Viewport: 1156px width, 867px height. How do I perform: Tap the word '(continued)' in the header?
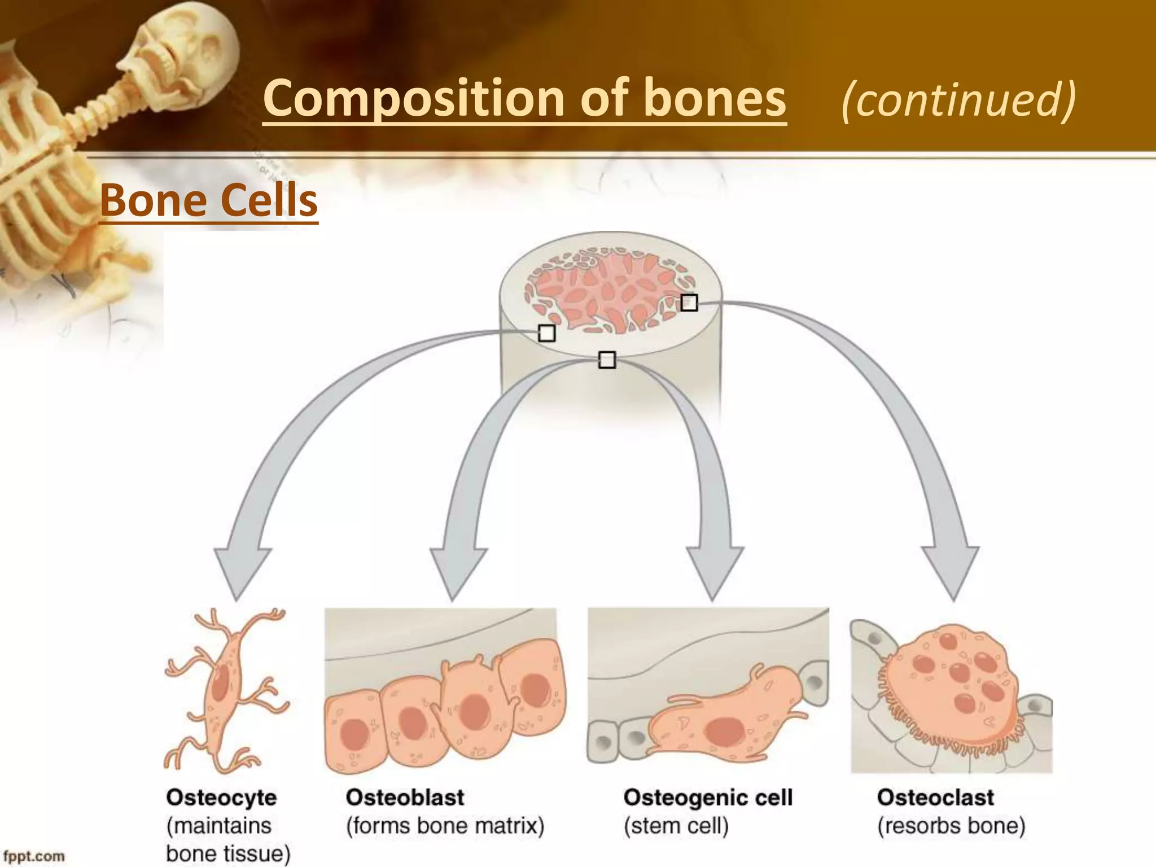(x=958, y=99)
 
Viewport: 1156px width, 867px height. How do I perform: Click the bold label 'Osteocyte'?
(x=221, y=798)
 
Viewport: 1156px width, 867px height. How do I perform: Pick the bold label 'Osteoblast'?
(x=405, y=798)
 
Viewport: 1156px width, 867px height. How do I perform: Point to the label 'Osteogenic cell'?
(x=708, y=798)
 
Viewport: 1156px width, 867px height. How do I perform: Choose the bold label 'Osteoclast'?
(x=935, y=798)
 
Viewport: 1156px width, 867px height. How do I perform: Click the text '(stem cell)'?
(x=676, y=826)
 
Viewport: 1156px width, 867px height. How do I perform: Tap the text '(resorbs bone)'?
(x=951, y=826)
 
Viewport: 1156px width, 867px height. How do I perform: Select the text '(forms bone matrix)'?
(x=445, y=826)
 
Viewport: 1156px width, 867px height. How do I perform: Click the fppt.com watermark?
(x=34, y=856)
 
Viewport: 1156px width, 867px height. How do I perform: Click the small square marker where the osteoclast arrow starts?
(x=689, y=303)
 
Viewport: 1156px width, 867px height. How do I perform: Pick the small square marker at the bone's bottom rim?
(x=607, y=360)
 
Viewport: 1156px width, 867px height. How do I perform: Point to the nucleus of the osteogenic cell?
(x=726, y=732)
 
